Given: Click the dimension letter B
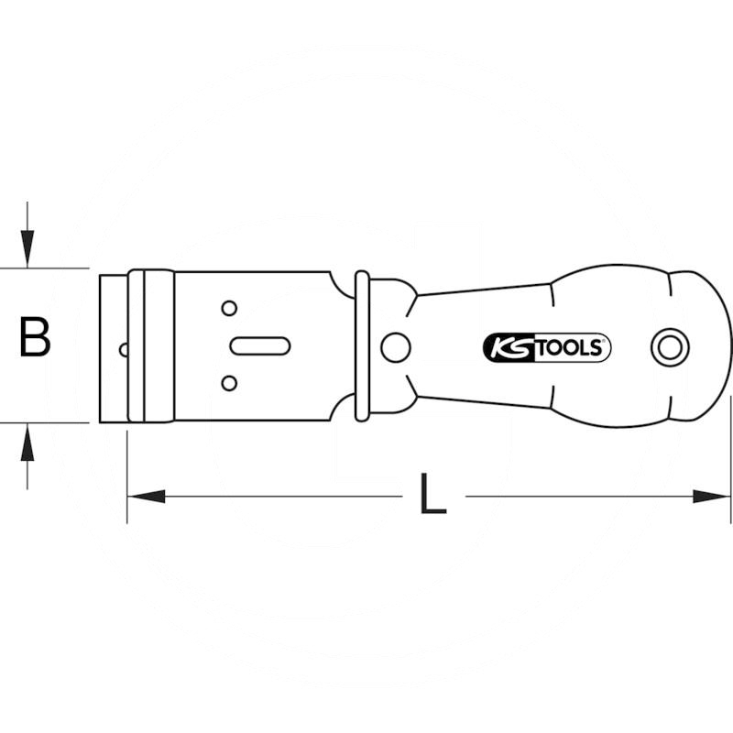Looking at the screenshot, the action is click(x=35, y=336).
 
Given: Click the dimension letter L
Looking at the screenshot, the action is click(x=432, y=494).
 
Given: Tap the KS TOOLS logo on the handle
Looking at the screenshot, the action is click(x=546, y=348).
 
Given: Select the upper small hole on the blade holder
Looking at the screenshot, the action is click(x=229, y=309).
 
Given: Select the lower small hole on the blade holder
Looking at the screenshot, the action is click(x=229, y=383).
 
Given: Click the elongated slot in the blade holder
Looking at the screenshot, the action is click(x=260, y=346).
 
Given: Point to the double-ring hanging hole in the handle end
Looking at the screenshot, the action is click(x=670, y=348).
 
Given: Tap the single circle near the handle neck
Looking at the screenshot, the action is click(x=396, y=348).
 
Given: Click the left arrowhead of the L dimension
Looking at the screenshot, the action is click(x=147, y=497).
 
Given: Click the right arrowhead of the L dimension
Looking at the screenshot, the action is click(x=711, y=497).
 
